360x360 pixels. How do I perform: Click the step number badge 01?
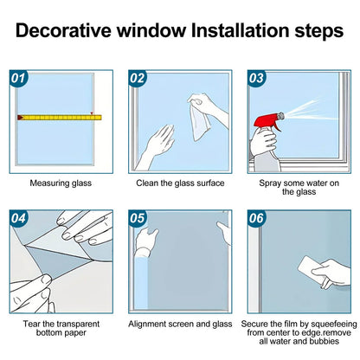click(18, 79)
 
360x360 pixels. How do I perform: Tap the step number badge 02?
click(138, 79)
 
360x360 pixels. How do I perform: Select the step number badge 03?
click(256, 79)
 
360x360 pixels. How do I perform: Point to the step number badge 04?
click(18, 218)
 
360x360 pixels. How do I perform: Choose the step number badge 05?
click(138, 218)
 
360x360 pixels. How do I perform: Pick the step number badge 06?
click(256, 218)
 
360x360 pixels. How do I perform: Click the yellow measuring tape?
click(60, 118)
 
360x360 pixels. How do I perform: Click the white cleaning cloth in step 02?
click(200, 119)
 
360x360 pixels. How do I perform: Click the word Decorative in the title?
click(63, 30)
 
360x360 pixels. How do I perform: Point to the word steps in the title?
click(318, 31)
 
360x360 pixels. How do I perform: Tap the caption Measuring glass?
click(61, 183)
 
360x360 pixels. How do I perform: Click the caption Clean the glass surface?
click(180, 183)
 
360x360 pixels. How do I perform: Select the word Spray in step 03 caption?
click(270, 183)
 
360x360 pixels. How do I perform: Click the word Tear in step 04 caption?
click(31, 324)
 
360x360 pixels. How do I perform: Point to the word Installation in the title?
click(240, 30)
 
